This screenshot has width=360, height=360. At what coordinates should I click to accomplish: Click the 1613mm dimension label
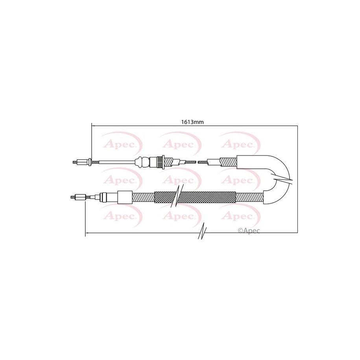pos(192,122)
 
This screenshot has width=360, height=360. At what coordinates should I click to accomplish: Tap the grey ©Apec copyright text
pos(249,230)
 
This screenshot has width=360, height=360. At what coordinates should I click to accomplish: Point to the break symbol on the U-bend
pos(282,179)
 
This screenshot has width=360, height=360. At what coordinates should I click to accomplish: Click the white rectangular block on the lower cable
pos(125,197)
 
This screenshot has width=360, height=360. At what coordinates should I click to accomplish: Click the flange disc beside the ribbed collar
pos(163,162)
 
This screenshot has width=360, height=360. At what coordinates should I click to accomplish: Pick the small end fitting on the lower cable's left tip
pos(79,197)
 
